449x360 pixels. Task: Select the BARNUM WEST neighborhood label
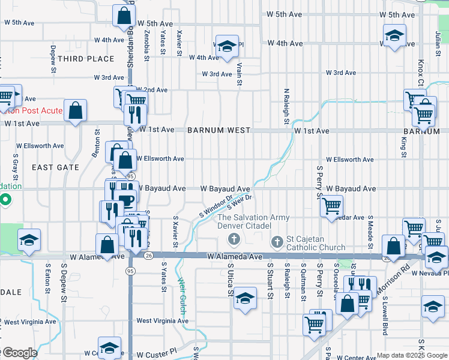pos(218,130)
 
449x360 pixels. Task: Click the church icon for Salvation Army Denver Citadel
pos(234,241)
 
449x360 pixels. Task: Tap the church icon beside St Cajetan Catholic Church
pos(277,242)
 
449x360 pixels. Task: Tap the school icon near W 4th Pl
pos(228,46)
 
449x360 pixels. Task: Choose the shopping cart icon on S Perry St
pos(331,206)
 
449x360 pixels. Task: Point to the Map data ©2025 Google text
pos(411,355)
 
